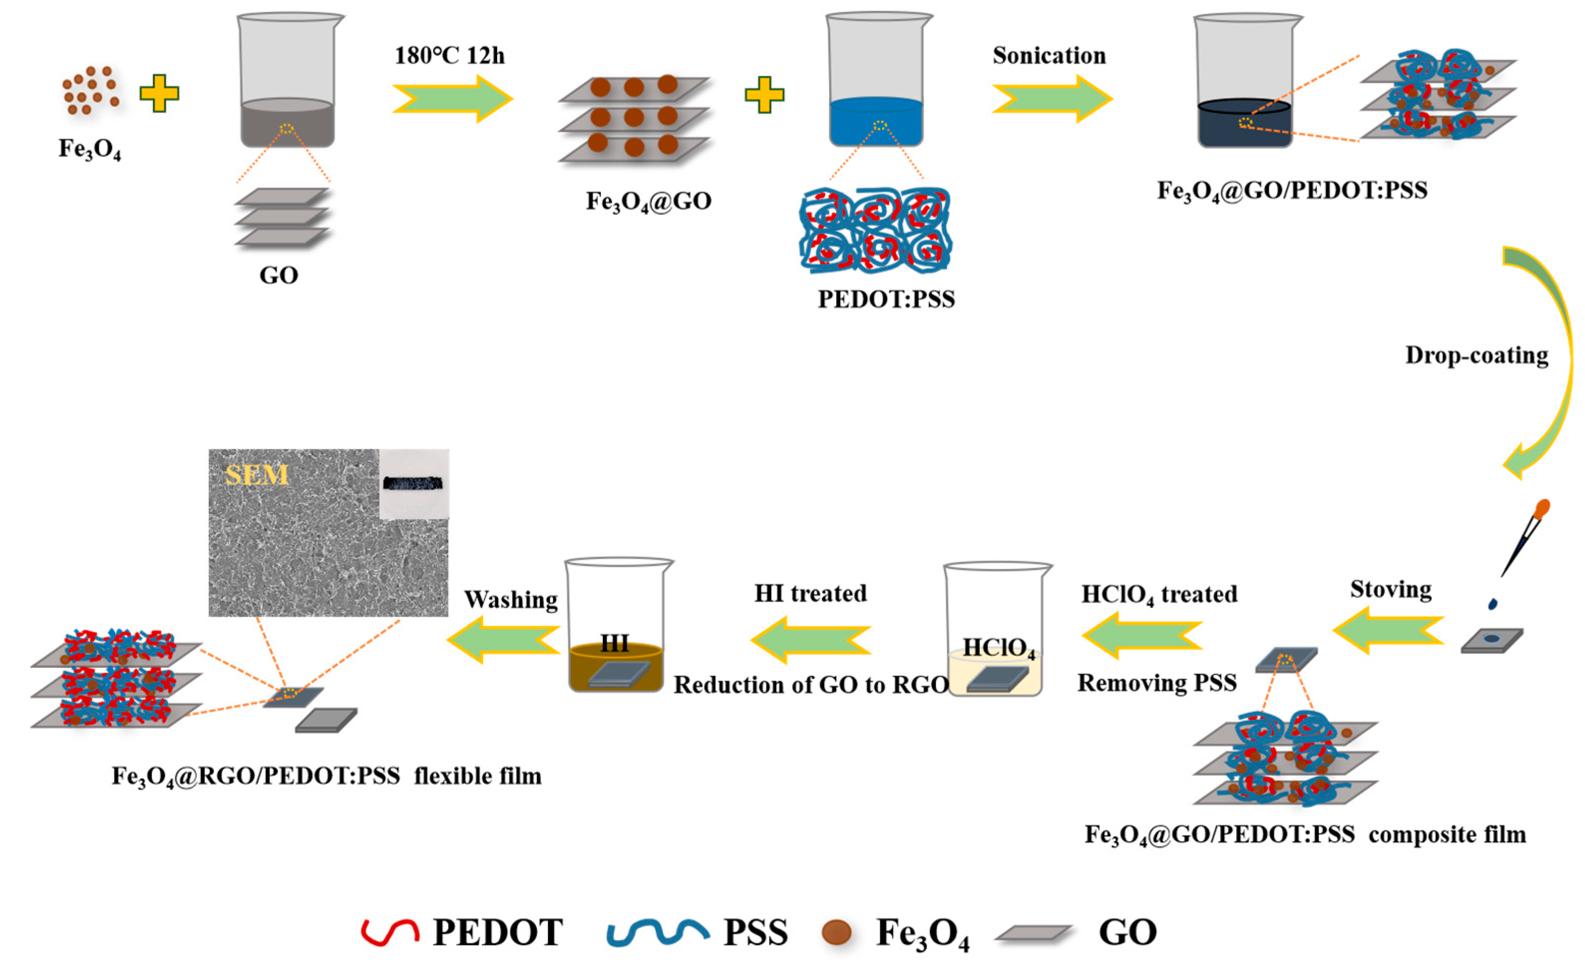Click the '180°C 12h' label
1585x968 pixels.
point(449,56)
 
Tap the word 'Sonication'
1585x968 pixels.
point(1049,56)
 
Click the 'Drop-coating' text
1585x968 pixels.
point(1476,355)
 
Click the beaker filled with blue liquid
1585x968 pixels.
point(878,84)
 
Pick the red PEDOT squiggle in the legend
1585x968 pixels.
point(390,931)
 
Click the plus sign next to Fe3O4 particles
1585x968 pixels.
point(159,93)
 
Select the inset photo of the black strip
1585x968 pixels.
point(414,484)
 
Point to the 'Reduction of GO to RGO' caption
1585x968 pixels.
point(811,685)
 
